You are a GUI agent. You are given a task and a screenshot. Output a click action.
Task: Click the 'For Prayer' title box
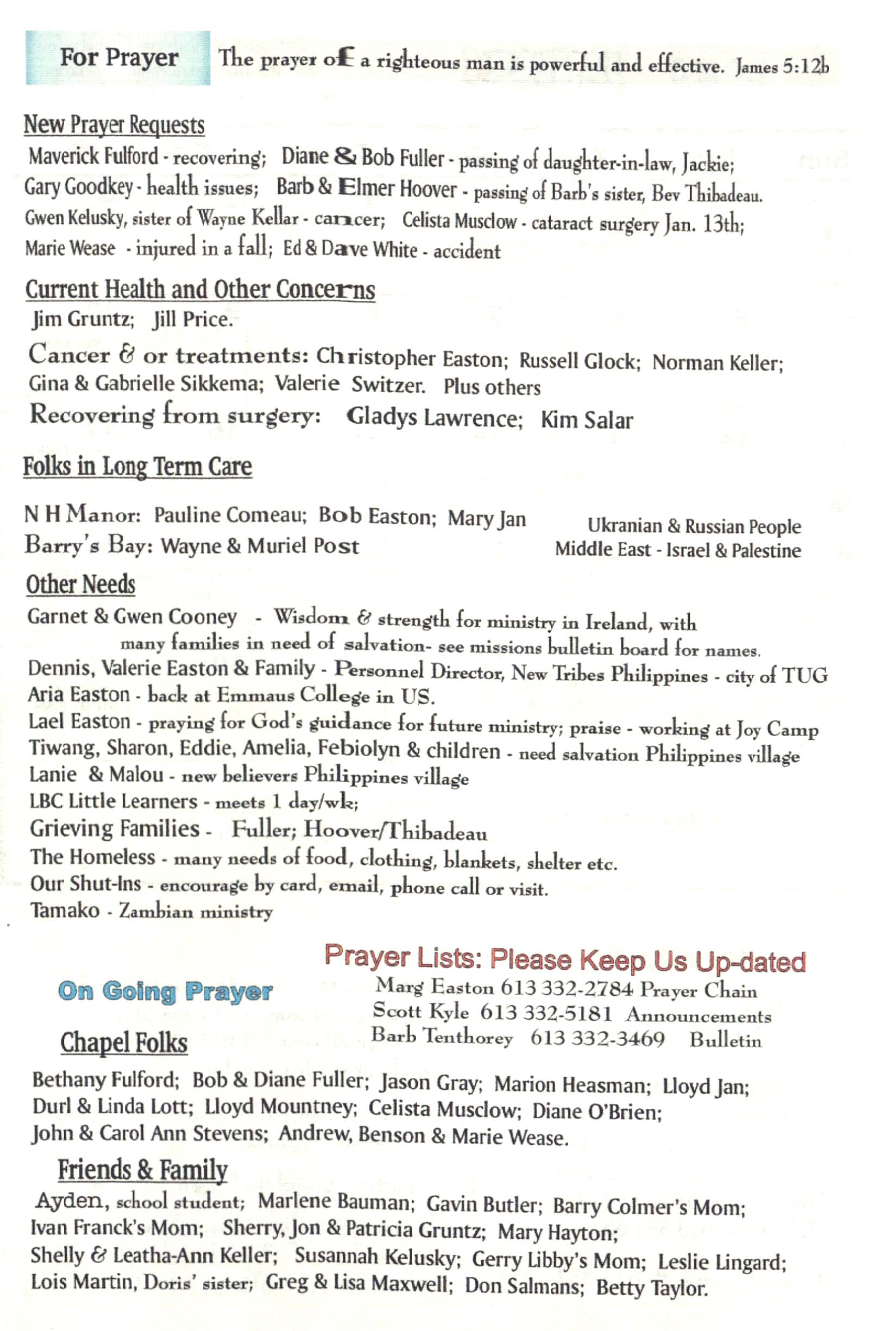pos(118,58)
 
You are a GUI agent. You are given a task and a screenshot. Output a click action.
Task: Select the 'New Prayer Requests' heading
pos(114,124)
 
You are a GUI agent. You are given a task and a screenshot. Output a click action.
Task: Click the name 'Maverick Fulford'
pos(94,156)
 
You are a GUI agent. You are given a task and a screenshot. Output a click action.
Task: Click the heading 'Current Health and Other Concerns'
pos(200,290)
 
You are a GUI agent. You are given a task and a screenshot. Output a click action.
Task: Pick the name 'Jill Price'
pos(192,320)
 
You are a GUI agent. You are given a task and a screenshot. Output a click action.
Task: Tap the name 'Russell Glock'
pos(579,361)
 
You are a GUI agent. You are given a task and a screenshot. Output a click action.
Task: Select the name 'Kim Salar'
pos(587,420)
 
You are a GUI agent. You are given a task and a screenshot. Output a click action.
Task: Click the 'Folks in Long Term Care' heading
pos(137,467)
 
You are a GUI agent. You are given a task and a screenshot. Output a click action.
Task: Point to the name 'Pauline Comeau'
pos(230,515)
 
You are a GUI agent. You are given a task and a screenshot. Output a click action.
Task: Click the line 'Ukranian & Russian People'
pos(694,526)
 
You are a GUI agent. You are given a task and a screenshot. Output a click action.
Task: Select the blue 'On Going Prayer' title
pos(165,991)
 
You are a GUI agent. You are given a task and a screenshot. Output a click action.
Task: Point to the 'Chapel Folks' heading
pos(124,1043)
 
